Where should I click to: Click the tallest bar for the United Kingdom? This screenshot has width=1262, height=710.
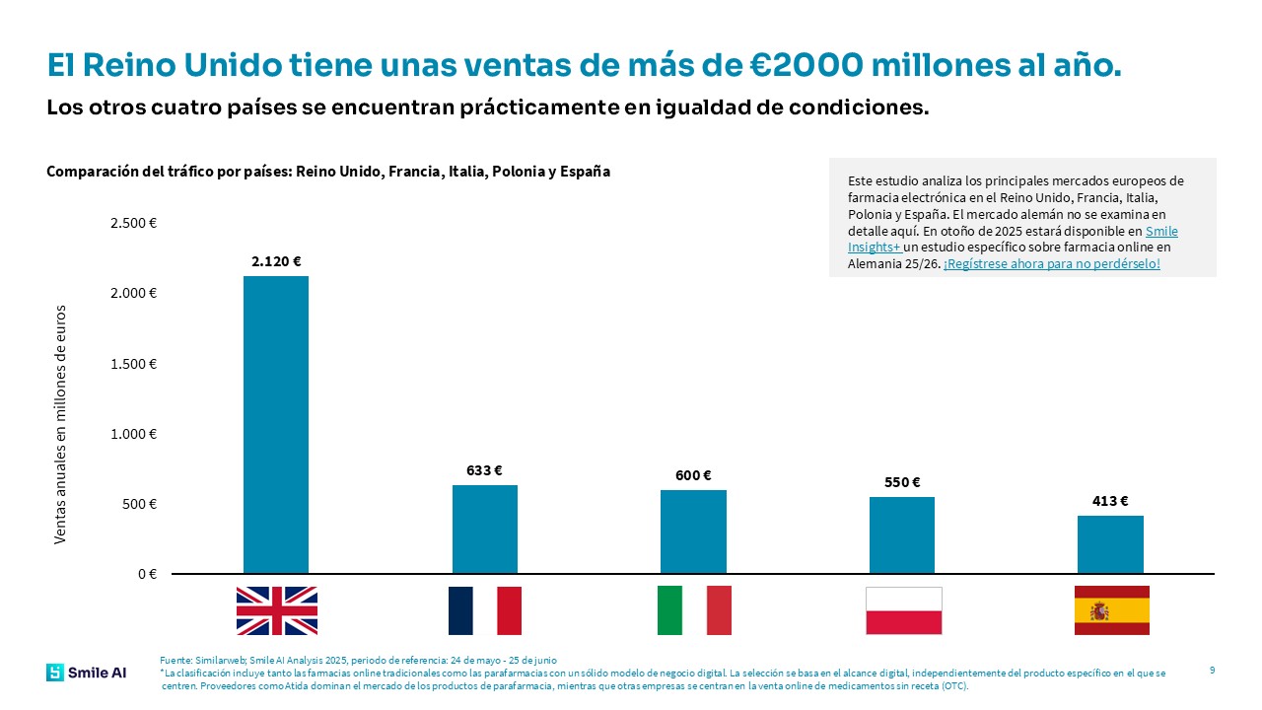(276, 424)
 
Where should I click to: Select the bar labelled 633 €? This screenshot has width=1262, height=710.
(484, 529)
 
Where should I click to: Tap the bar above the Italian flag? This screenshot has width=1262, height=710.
(693, 532)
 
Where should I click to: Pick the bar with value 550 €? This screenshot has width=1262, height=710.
(901, 534)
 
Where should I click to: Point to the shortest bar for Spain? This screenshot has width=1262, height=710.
(1110, 544)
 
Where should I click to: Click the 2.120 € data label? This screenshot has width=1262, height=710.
(276, 261)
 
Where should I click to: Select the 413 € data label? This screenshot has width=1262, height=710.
(1110, 501)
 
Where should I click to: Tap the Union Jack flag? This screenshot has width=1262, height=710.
(276, 610)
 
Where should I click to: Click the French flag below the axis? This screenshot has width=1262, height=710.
(484, 610)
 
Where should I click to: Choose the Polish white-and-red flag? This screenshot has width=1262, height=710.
(903, 610)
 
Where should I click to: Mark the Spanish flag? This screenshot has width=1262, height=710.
(1111, 610)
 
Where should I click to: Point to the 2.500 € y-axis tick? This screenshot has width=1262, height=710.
(133, 224)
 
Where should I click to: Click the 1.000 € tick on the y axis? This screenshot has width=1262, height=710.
(133, 434)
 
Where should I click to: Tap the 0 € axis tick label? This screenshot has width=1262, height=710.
(146, 574)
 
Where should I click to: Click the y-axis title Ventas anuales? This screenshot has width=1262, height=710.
(60, 424)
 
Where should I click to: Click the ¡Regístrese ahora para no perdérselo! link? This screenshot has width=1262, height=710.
(1051, 264)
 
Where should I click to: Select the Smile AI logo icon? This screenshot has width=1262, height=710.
(54, 673)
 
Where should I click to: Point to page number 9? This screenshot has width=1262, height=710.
(1212, 671)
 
